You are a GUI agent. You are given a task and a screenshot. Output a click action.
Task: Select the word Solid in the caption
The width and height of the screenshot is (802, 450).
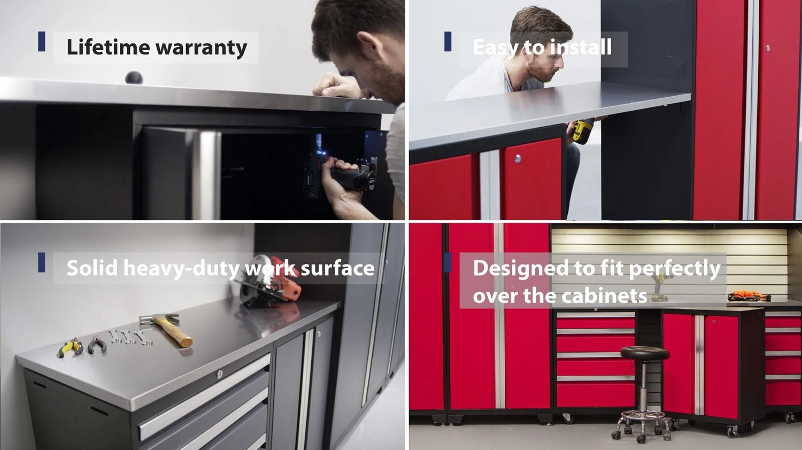point(92,268)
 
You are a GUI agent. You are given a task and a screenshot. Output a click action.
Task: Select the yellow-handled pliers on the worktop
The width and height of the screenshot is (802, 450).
point(70,349)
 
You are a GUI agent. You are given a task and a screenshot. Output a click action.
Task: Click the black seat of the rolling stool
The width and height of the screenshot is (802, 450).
point(645,353)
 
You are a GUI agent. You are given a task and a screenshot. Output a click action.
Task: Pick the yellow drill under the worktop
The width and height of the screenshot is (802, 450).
point(583,130)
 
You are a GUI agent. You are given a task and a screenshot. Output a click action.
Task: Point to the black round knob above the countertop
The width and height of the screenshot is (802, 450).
point(134,78)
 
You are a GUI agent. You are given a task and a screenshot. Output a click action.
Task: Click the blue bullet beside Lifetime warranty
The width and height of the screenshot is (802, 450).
point(42,42)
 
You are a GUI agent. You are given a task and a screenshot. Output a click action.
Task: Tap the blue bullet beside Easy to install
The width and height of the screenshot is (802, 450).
point(448,42)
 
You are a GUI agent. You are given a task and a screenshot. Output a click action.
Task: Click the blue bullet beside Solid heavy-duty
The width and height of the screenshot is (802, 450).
point(42,262)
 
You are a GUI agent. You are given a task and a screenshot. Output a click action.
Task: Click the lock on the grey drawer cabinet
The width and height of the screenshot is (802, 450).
point(219,375)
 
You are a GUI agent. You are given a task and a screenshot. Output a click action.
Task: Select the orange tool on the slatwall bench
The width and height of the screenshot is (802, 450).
point(749,296)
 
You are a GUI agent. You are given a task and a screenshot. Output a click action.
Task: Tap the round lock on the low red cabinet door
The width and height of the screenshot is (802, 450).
point(518,159)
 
